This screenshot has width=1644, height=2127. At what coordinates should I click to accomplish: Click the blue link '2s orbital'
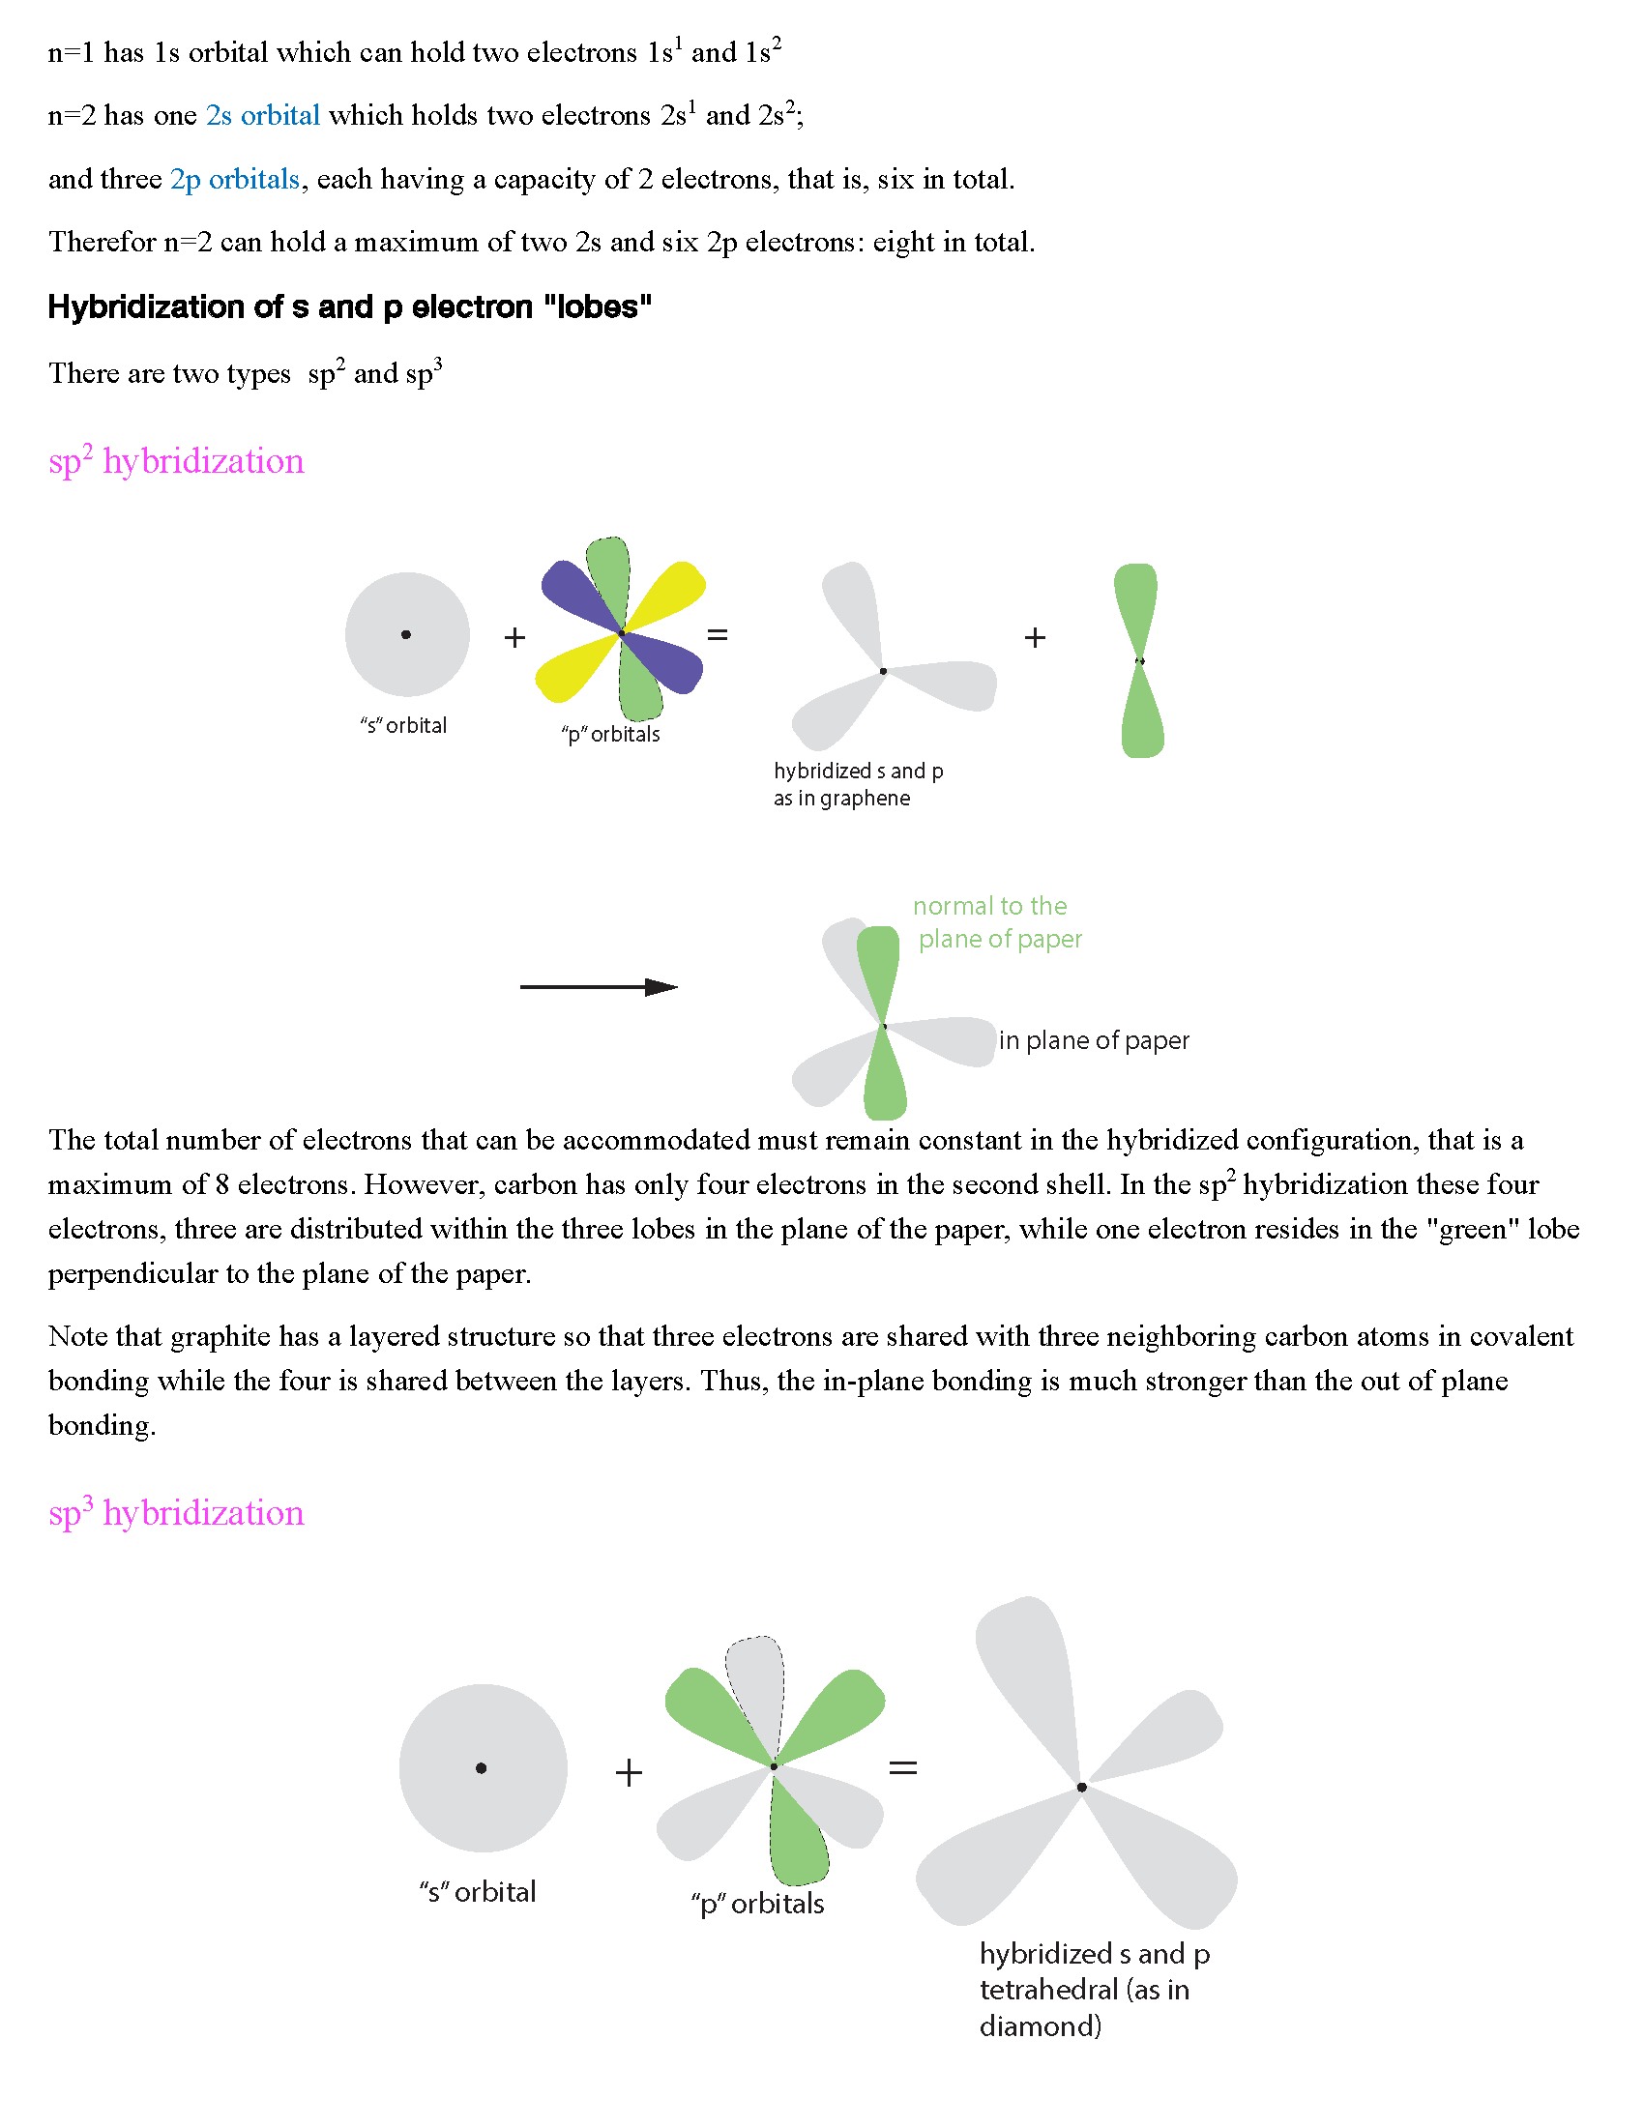coord(262,116)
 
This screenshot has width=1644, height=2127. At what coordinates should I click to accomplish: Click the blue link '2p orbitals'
coord(235,180)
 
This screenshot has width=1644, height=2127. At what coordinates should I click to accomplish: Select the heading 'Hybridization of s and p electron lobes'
coord(350,307)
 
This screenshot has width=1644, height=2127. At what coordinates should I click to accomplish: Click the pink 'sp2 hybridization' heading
coord(176,461)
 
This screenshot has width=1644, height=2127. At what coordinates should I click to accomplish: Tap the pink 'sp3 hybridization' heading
coord(176,1513)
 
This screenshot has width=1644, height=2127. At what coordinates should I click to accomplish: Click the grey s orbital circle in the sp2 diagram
coord(407,635)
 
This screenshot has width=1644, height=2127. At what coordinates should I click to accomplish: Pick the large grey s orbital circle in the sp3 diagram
coord(484,1767)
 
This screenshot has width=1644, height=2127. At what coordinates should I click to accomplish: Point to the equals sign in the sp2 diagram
coord(718,636)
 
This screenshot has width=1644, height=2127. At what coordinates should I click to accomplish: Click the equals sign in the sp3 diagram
coord(903,1767)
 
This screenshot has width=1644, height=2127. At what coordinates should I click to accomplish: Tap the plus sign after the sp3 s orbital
coord(630,1772)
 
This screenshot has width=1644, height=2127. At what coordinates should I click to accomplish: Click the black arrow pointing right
coord(598,987)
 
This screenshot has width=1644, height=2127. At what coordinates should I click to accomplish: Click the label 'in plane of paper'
coord(1094,1041)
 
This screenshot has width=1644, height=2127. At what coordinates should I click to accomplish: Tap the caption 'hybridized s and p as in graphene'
coord(857,785)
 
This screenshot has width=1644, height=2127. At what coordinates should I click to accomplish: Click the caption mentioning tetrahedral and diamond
coord(1093,1990)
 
